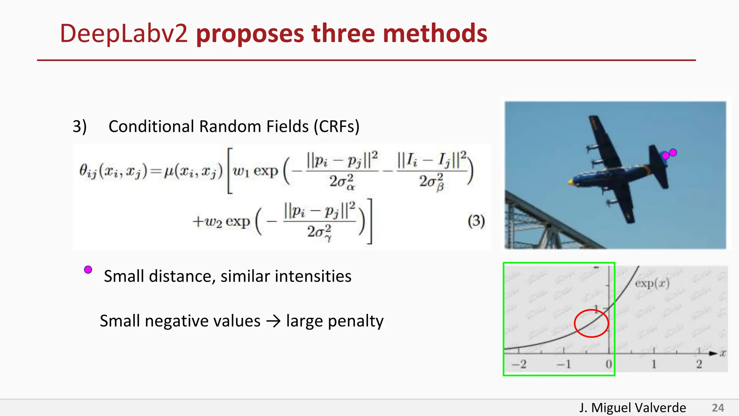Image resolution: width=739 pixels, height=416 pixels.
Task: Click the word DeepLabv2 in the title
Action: (123, 34)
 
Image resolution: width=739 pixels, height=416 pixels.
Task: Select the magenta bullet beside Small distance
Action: (88, 270)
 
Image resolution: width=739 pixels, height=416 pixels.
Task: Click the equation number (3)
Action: (476, 221)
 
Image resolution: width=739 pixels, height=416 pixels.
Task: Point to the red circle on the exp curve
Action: (591, 323)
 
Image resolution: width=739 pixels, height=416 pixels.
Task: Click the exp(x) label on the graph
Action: (652, 283)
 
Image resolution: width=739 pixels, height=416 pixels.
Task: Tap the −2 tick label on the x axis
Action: (519, 364)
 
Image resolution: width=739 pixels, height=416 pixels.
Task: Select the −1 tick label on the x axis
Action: (564, 364)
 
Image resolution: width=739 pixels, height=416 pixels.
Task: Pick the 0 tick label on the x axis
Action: (609, 364)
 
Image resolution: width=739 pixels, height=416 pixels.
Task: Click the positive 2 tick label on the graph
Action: (699, 364)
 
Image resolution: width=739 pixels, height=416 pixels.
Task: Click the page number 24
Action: (718, 408)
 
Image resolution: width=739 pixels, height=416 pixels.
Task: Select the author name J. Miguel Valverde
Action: (633, 408)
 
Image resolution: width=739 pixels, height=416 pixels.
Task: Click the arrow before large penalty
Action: (273, 321)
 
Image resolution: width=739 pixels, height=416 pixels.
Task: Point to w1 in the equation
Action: (241, 171)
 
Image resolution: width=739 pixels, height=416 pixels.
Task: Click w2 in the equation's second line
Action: (213, 221)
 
